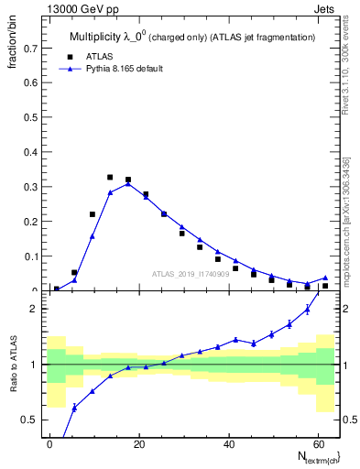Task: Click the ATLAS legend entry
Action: click(91, 56)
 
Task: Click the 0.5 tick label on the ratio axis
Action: click(29, 420)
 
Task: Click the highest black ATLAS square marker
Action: click(110, 177)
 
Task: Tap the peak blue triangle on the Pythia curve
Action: click(128, 183)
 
